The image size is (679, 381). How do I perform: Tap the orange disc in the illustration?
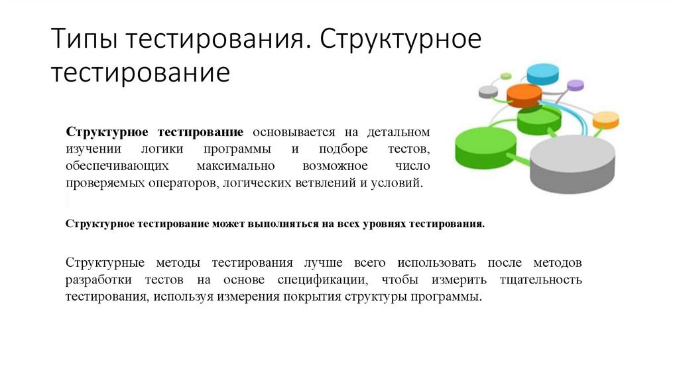pyautogui.click(x=524, y=95)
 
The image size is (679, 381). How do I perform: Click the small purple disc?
pyautogui.click(x=576, y=85)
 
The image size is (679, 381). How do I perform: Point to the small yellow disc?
pyautogui.click(x=605, y=119)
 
